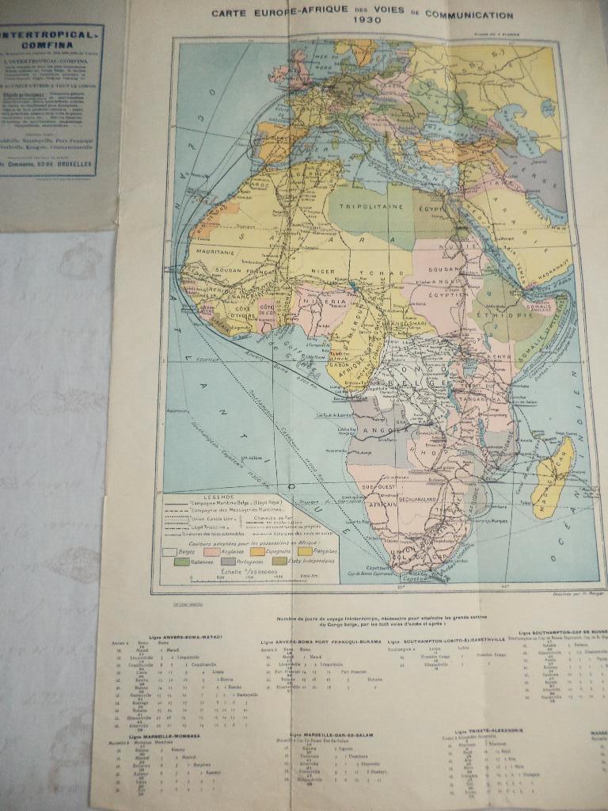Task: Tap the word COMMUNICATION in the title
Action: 469,13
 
